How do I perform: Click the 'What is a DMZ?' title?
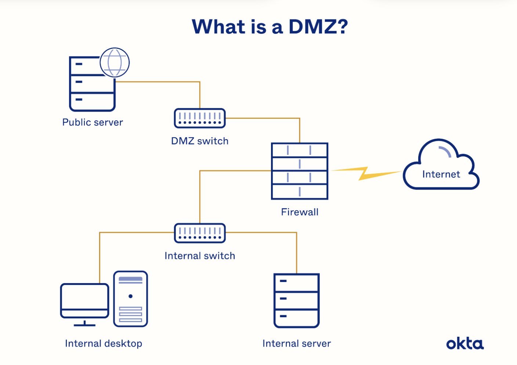point(270,27)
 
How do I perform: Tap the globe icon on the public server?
point(115,62)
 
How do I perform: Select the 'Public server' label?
point(93,122)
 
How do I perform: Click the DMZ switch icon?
point(200,118)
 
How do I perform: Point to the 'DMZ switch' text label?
point(200,141)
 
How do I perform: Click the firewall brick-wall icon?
point(300,171)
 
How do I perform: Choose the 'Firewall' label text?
point(300,212)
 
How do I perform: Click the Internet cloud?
point(441,167)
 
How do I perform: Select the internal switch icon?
point(200,233)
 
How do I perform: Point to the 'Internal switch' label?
point(200,256)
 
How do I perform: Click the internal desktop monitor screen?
point(85,297)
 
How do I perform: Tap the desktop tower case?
point(131,299)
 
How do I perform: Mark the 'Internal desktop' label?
point(104,344)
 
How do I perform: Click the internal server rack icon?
point(297,300)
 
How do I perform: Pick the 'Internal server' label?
point(297,344)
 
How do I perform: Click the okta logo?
point(465,344)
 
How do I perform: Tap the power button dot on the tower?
point(131,296)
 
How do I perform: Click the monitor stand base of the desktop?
point(84,325)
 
